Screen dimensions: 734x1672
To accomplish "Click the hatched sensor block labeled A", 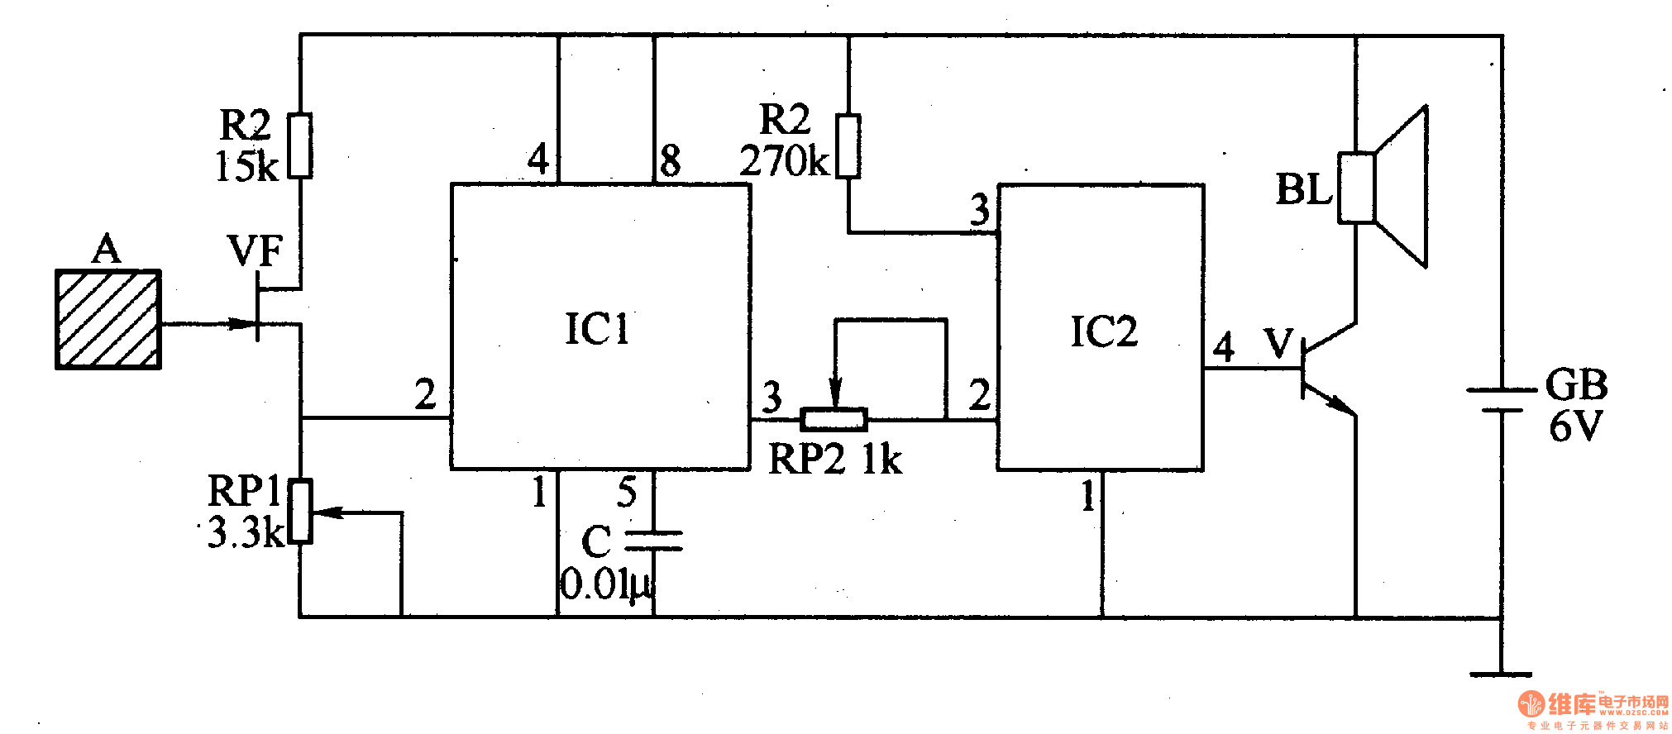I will coord(107,319).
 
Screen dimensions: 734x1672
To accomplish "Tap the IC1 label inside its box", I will coord(597,329).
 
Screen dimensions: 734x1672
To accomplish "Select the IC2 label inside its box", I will coord(1103,332).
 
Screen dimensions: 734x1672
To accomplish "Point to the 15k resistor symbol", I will coord(300,145).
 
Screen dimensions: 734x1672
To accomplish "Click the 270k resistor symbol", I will coord(848,146).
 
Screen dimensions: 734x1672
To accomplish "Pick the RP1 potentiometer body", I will coord(301,512).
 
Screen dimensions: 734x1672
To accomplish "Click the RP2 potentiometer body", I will coord(834,420).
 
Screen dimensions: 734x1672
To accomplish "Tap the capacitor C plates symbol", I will coord(653,541).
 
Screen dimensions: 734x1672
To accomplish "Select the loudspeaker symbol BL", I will coord(1383,188).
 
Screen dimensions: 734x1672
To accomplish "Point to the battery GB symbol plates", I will coord(1502,399).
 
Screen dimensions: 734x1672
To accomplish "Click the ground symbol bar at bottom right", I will coord(1502,674).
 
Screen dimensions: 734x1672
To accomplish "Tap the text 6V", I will coord(1575,427).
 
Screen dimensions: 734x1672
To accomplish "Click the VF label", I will coord(255,251).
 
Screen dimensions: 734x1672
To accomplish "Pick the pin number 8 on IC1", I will coord(671,160).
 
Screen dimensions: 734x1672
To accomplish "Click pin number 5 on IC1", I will coord(627,493).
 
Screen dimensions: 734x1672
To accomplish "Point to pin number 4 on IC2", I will coord(1224,347).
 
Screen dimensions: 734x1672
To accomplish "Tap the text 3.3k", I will coord(246,532).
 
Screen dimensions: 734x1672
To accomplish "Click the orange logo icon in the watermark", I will coord(1531,703).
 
